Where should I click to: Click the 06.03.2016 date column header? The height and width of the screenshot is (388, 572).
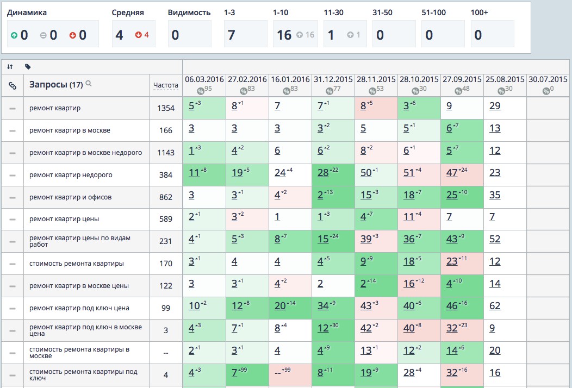(204, 79)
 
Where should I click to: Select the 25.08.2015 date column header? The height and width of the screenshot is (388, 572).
(505, 79)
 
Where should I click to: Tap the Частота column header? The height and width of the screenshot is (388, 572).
(165, 85)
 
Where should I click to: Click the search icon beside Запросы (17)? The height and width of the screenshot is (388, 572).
(89, 84)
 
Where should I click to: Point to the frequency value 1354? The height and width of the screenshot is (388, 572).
(165, 108)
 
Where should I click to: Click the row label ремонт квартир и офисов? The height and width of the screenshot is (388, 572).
(71, 197)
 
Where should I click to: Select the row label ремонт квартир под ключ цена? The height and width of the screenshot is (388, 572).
(79, 308)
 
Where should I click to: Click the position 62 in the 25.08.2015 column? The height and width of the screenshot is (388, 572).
(495, 306)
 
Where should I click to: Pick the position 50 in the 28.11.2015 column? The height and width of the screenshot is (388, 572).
(366, 173)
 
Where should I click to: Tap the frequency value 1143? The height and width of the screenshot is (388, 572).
(165, 153)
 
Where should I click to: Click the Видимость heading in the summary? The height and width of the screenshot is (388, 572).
(189, 12)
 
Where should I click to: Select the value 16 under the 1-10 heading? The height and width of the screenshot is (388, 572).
(284, 35)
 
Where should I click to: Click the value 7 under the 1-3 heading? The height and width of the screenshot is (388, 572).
(231, 35)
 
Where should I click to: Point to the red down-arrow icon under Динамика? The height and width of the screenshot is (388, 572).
(73, 36)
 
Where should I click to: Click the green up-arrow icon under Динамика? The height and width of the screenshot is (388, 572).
(14, 36)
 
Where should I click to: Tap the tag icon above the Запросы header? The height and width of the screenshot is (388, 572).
(28, 67)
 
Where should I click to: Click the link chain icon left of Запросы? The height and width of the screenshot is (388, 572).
(12, 85)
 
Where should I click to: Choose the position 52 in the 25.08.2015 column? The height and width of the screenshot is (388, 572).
(495, 239)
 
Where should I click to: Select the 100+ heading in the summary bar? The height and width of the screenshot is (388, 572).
(479, 12)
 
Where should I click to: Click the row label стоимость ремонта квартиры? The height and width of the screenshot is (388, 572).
(77, 264)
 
